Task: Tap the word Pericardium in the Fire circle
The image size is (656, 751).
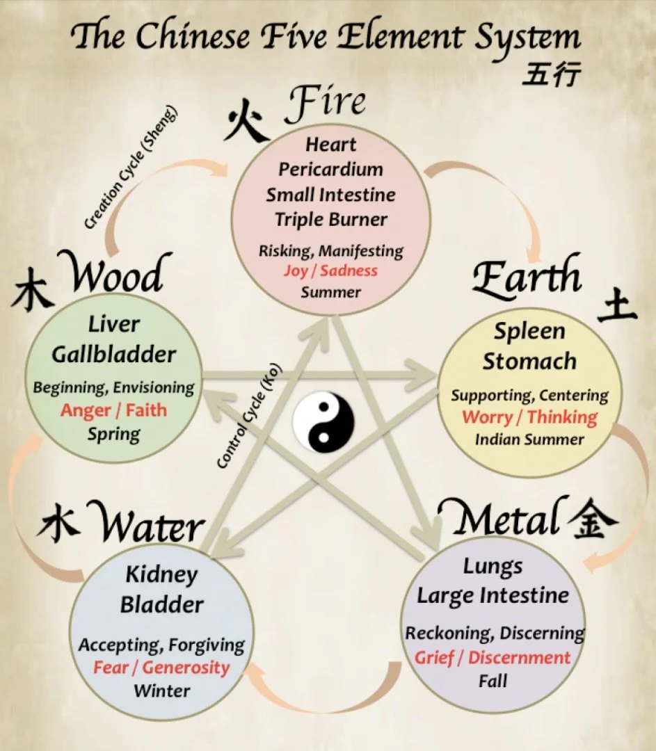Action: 330,169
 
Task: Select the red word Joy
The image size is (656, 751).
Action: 295,270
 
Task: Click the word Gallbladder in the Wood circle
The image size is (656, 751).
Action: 114,354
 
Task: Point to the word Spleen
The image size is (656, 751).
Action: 529,332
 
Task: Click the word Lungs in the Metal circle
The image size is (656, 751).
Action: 493,567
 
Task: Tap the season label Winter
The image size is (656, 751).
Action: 161,691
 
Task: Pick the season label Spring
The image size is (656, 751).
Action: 113,434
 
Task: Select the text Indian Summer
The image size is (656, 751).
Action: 529,439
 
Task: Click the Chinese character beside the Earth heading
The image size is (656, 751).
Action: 616,307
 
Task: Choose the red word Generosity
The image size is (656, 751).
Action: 186,668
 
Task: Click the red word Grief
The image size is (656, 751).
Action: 434,658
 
